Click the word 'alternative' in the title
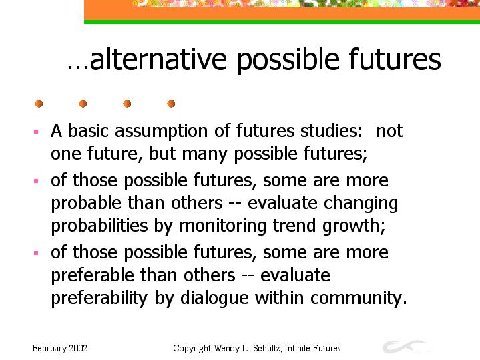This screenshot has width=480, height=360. click(x=159, y=59)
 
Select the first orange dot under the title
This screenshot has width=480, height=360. click(x=39, y=104)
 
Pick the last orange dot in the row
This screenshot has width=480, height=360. click(x=171, y=104)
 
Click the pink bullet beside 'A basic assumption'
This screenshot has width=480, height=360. click(x=36, y=132)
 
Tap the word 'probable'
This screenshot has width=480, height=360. click(x=86, y=204)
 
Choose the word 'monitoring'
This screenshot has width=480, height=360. click(x=222, y=226)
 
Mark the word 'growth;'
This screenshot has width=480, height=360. click(x=354, y=226)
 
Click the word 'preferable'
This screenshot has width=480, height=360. click(x=92, y=276)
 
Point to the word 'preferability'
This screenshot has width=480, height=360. click(x=99, y=299)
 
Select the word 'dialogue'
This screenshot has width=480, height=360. click(x=214, y=299)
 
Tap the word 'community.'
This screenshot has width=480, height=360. click(x=358, y=299)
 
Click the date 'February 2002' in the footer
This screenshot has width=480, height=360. click(x=60, y=349)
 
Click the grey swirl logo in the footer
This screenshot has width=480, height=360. click(x=404, y=347)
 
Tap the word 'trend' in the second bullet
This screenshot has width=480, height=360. click(x=294, y=226)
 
